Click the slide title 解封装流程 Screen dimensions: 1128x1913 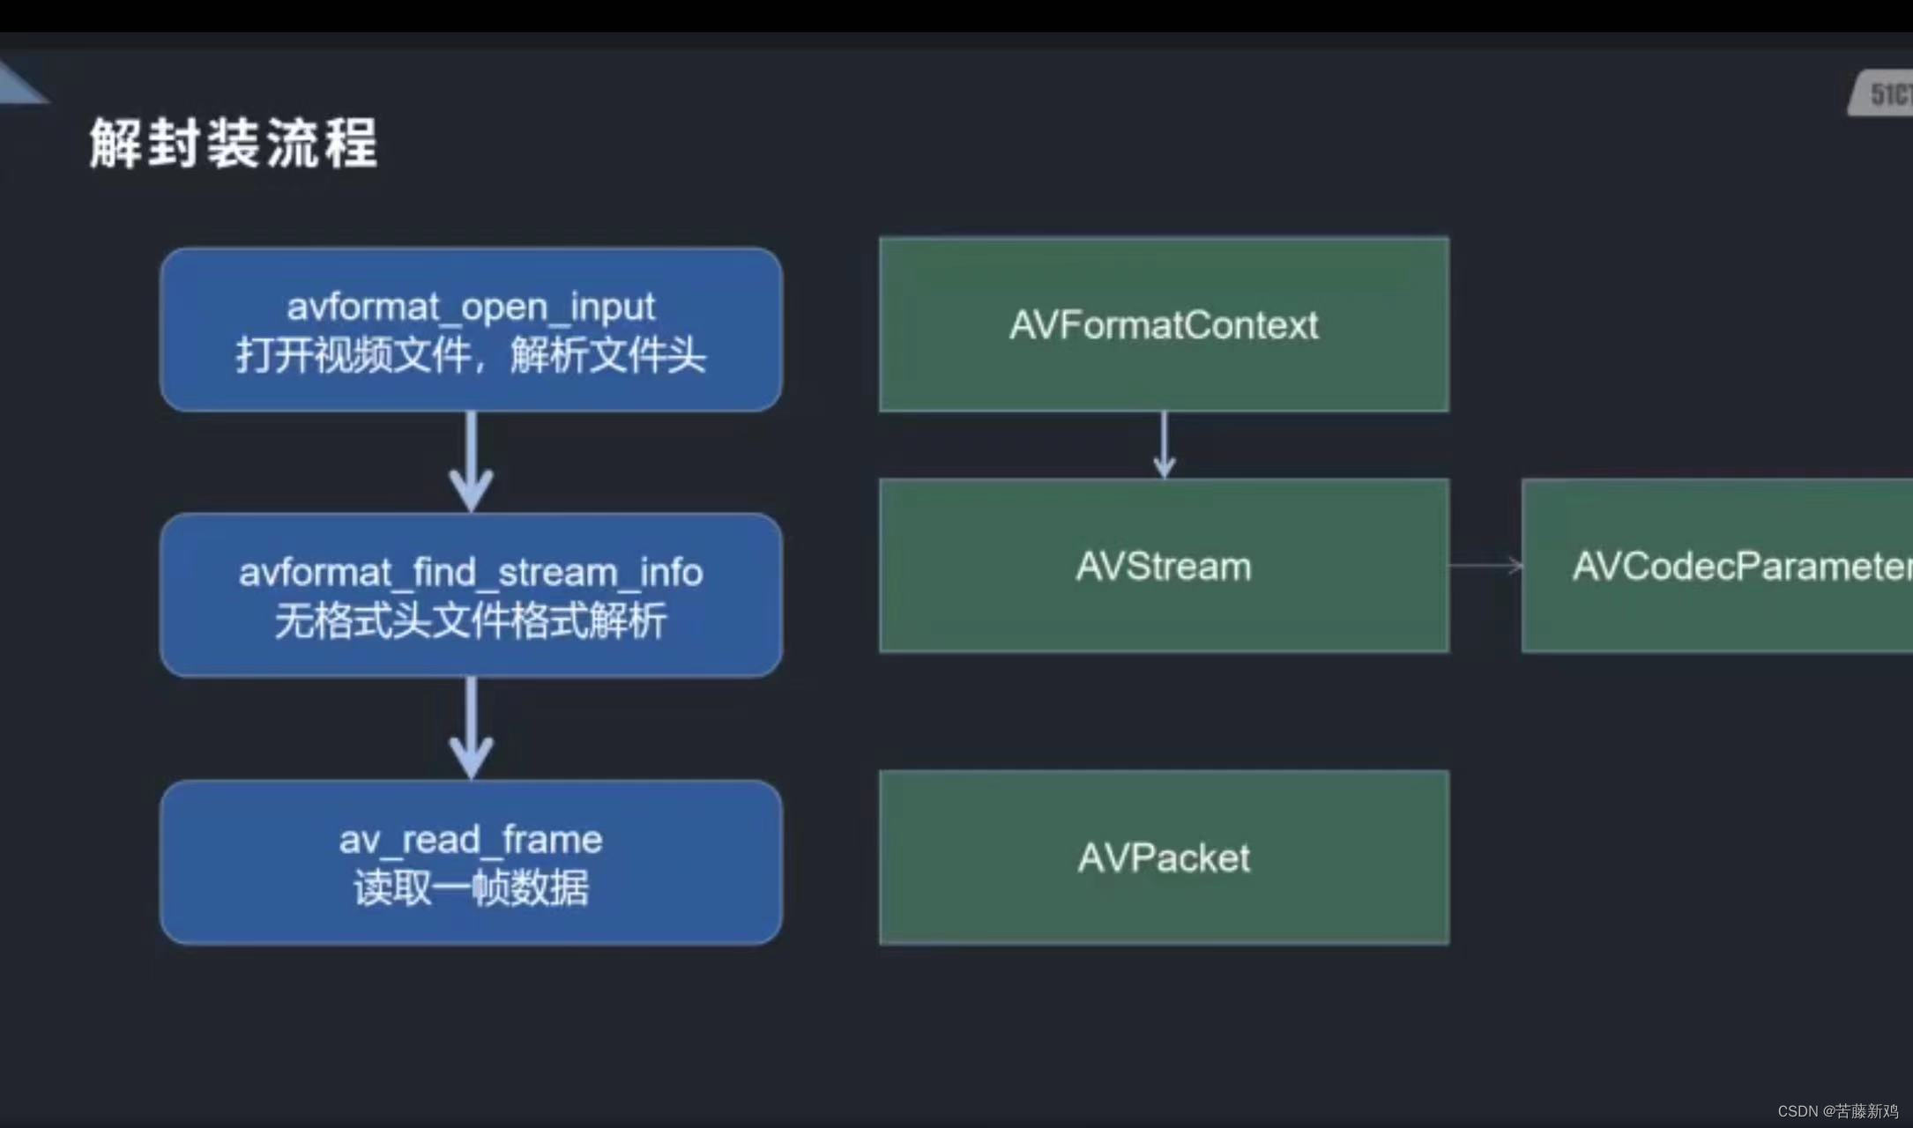point(234,143)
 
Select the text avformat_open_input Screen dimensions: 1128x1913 point(471,307)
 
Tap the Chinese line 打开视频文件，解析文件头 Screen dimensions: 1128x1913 point(471,356)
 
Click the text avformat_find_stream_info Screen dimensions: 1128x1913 point(471,573)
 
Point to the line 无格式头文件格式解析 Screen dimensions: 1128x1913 point(471,621)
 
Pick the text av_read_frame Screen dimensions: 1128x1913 point(471,839)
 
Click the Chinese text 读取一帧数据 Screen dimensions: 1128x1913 point(471,887)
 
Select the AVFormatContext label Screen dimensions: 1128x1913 point(1164,325)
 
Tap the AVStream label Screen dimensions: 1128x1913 point(1164,567)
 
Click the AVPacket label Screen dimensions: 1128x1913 point(1164,857)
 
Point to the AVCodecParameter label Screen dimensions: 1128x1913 point(1741,567)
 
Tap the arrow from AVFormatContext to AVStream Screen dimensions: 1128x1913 point(1164,445)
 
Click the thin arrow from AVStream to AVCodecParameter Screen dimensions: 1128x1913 point(1485,566)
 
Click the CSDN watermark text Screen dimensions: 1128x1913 point(1837,1111)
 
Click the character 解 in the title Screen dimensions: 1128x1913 point(115,143)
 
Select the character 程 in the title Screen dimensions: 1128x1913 point(351,143)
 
